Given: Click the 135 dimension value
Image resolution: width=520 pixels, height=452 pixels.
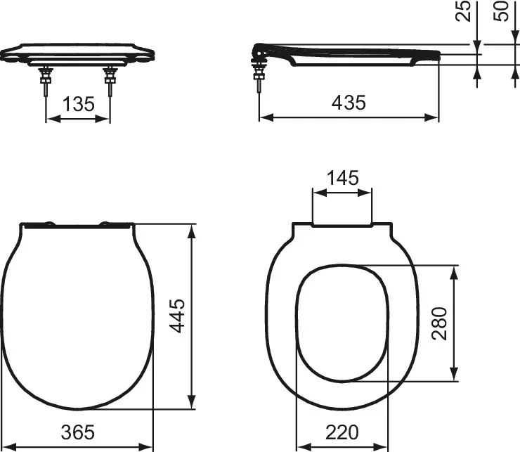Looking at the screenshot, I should click(x=78, y=104).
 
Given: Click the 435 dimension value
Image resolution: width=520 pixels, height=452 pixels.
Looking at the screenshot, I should click(x=349, y=103).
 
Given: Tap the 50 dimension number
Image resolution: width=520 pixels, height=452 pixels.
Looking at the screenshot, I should click(x=501, y=11).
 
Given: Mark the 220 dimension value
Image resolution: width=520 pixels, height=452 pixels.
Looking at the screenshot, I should click(x=342, y=432).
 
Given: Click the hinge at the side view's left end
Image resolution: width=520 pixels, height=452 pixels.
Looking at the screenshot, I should click(x=259, y=53).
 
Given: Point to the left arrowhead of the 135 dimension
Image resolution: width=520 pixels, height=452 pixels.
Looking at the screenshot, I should click(x=50, y=119).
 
